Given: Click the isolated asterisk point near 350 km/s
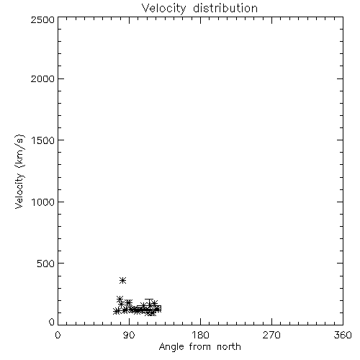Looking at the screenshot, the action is pyautogui.click(x=122, y=280).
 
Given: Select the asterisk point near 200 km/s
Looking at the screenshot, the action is pyautogui.click(x=120, y=300).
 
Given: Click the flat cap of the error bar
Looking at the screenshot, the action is pyautogui.click(x=149, y=299).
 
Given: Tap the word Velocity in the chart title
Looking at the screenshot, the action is pyautogui.click(x=164, y=8).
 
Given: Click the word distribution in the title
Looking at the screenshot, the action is pyautogui.click(x=225, y=8).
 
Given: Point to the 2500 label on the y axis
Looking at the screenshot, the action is pyautogui.click(x=42, y=19).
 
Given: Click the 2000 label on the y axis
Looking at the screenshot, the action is pyautogui.click(x=42, y=78).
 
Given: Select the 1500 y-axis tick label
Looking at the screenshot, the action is pyautogui.click(x=43, y=140).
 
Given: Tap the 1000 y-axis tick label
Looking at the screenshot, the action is pyautogui.click(x=43, y=202).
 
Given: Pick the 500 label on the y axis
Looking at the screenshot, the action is pyautogui.click(x=46, y=264).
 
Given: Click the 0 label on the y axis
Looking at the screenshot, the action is pyautogui.click(x=52, y=322).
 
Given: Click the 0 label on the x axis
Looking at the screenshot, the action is pyautogui.click(x=58, y=335).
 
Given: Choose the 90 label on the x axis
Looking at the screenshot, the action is pyautogui.click(x=129, y=335).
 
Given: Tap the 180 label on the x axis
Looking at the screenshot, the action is pyautogui.click(x=200, y=335).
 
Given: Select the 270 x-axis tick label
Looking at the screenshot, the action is pyautogui.click(x=271, y=335).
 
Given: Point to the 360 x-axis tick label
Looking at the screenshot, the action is pyautogui.click(x=343, y=335).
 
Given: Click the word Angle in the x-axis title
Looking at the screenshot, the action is pyautogui.click(x=171, y=347).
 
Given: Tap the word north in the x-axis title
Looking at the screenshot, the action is pyautogui.click(x=229, y=346).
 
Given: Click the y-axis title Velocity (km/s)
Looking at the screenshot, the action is pyautogui.click(x=19, y=171).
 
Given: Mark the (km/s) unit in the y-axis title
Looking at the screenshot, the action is pyautogui.click(x=19, y=151).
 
